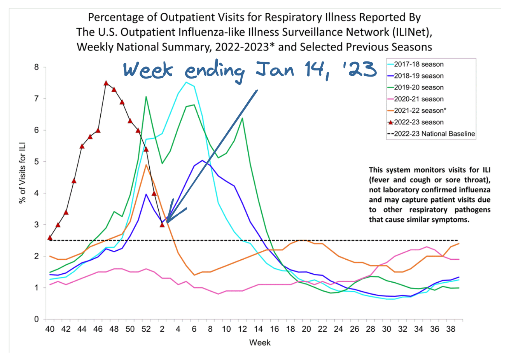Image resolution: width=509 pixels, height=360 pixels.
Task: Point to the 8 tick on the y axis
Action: click(37, 67)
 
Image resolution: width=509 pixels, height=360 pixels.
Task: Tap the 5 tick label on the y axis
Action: click(37, 162)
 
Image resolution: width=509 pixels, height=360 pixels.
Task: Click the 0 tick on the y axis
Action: click(37, 319)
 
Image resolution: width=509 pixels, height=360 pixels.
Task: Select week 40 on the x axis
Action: click(50, 329)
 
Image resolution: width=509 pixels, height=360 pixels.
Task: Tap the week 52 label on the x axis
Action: click(146, 329)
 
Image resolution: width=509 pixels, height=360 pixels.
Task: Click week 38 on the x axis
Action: click(450, 329)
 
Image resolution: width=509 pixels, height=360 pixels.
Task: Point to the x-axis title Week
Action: click(260, 343)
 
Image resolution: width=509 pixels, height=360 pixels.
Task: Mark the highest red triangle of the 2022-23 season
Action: click(106, 83)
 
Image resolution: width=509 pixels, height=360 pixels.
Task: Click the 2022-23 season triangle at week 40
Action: click(50, 238)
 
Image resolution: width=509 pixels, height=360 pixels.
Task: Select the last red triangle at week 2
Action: click(162, 225)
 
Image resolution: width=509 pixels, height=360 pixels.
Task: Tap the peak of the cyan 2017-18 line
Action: click(186, 82)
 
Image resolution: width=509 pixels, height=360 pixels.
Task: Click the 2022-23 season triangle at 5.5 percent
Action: click(82, 146)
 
